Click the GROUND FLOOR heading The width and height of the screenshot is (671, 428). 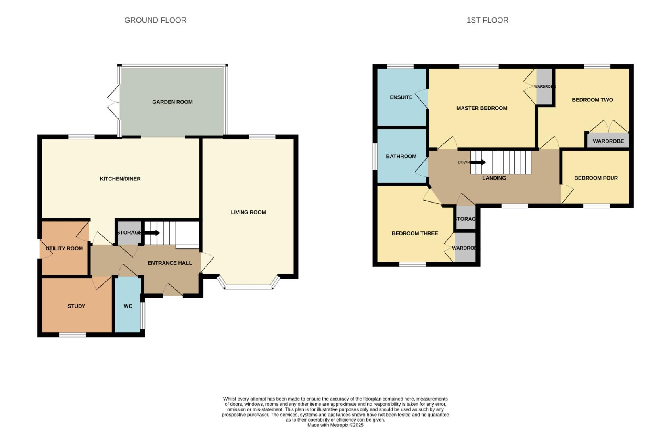pos(155,20)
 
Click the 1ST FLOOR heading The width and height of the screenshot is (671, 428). pos(487,20)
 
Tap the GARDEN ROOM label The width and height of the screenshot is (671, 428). pos(172,102)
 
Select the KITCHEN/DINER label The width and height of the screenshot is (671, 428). pos(120,179)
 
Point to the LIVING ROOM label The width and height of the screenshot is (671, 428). pos(248,212)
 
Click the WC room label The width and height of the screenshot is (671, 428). pos(128,306)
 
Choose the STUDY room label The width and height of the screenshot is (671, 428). pos(76,306)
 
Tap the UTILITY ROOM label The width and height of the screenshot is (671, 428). pos(64,248)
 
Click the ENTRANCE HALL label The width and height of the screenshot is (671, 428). pos(170,263)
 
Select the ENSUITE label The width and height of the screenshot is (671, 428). pos(401,97)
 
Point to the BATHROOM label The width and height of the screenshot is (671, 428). pos(401,156)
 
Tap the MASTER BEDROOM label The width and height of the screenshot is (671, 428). pos(481,108)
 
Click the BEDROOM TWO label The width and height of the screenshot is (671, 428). pos(592,100)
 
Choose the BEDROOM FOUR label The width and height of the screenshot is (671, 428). pos(596,178)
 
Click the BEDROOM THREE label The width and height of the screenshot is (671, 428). pos(415,233)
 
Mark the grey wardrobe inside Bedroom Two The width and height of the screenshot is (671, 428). pos(608,141)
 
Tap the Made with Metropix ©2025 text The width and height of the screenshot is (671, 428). pos(335,425)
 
